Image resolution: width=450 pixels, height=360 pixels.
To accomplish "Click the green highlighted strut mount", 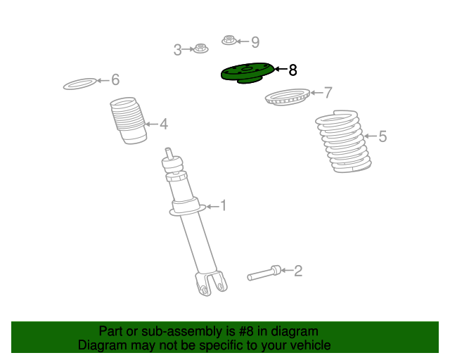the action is pyautogui.click(x=247, y=74).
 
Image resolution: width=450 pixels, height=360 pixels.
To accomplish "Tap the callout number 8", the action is pyautogui.click(x=292, y=70).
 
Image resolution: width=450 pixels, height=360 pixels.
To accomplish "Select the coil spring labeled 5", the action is pyautogui.click(x=343, y=141).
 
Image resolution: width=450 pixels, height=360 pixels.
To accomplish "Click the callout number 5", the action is pyautogui.click(x=382, y=136).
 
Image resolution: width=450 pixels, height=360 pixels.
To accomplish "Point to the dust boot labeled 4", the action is pyautogui.click(x=128, y=120).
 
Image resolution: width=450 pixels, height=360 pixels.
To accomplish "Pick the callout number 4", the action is pyautogui.click(x=164, y=124).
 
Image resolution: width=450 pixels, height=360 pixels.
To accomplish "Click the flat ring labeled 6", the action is pyautogui.click(x=80, y=84).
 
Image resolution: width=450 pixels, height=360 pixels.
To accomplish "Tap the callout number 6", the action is pyautogui.click(x=115, y=79).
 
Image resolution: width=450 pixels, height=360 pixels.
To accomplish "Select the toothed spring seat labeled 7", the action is pyautogui.click(x=288, y=97).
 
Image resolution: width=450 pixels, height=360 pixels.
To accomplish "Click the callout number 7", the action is pyautogui.click(x=328, y=93).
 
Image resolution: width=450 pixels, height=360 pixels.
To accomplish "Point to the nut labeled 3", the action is pyautogui.click(x=200, y=49).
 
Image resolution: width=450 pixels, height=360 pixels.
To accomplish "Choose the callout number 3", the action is pyautogui.click(x=178, y=50).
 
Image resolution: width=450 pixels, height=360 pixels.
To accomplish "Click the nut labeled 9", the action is pyautogui.click(x=229, y=40).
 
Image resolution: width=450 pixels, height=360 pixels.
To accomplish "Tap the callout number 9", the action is pyautogui.click(x=255, y=42).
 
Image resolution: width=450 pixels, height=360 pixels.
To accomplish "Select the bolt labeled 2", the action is pyautogui.click(x=264, y=273).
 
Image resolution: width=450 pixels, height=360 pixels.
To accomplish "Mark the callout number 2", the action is pyautogui.click(x=298, y=271).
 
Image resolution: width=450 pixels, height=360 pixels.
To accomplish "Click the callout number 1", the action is pyautogui.click(x=224, y=206).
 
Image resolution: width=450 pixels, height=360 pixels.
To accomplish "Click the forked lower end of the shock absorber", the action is pyautogui.click(x=211, y=283).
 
